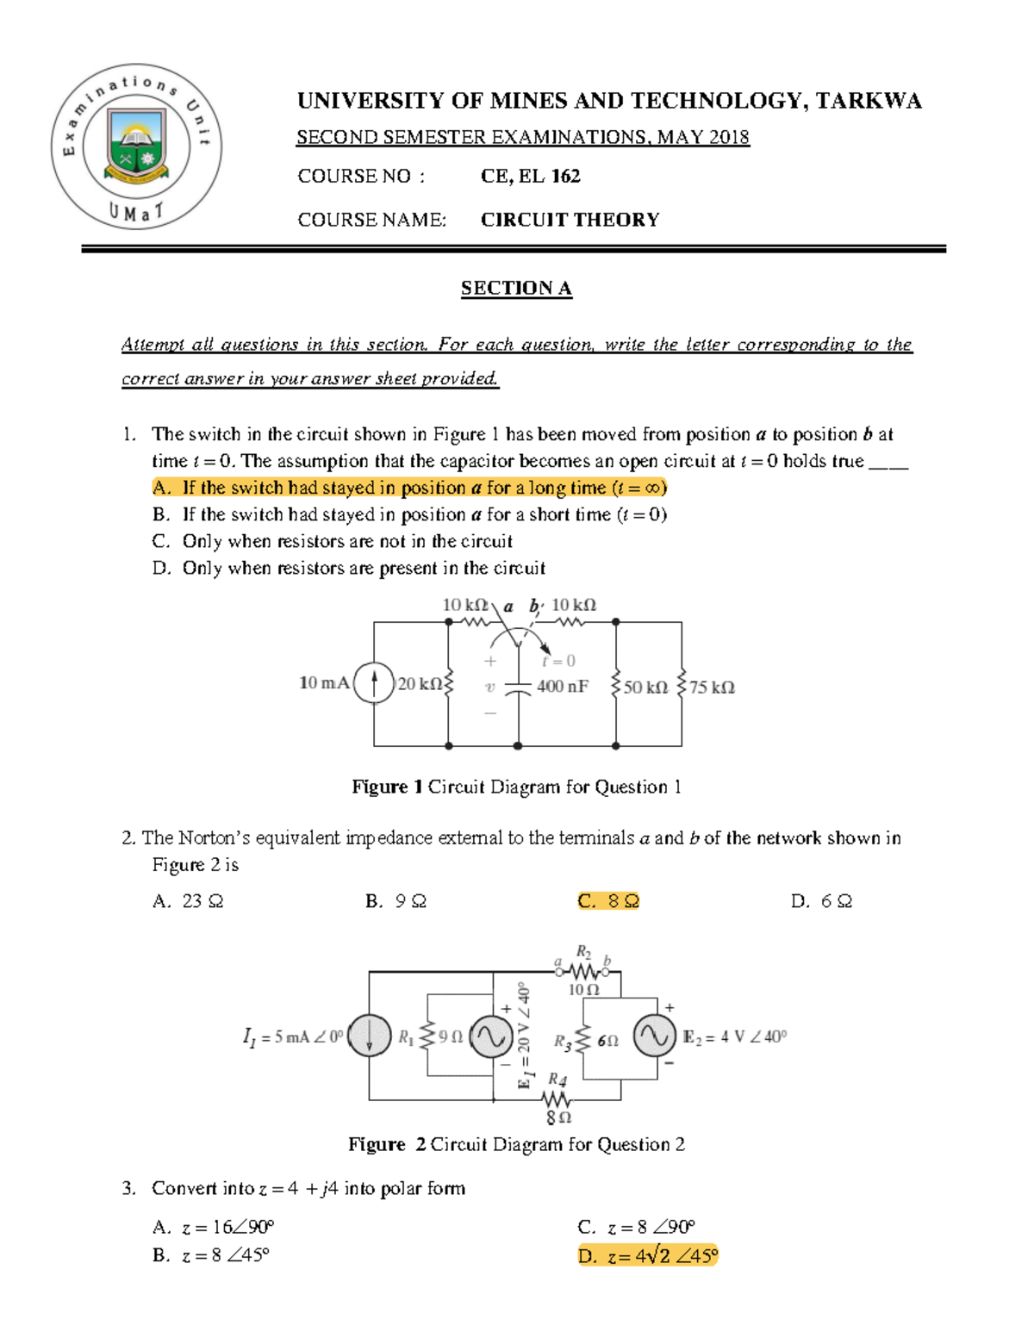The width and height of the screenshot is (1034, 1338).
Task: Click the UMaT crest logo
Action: click(x=136, y=146)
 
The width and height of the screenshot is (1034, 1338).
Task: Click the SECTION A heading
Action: click(x=516, y=288)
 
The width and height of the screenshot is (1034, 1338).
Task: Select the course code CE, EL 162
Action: click(x=530, y=177)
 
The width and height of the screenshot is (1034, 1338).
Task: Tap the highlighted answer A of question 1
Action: click(x=409, y=488)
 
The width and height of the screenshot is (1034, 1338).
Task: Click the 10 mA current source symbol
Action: click(x=374, y=683)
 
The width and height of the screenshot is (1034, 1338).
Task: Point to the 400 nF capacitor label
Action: click(x=563, y=687)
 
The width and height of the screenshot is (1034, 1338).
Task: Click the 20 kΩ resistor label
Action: click(x=420, y=684)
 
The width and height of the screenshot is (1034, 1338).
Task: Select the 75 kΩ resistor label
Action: click(x=712, y=688)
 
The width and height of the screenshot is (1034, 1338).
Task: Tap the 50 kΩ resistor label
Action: click(x=645, y=688)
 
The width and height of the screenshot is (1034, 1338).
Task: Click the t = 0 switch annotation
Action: click(x=558, y=661)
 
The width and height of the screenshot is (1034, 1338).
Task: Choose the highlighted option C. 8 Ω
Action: click(x=608, y=901)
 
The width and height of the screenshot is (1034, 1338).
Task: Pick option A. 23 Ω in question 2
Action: click(x=188, y=901)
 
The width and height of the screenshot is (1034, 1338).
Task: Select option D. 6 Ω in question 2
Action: click(x=821, y=901)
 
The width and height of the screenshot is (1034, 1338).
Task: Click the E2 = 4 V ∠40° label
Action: click(x=734, y=1036)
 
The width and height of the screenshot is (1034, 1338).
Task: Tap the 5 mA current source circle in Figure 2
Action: click(x=369, y=1036)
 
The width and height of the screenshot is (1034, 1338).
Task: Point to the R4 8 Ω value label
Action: click(x=558, y=1117)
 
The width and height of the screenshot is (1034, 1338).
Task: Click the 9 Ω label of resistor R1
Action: click(x=451, y=1037)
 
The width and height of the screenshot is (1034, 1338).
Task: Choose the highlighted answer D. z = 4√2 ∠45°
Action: click(x=647, y=1256)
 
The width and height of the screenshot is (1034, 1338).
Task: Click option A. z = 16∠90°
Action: click(x=213, y=1227)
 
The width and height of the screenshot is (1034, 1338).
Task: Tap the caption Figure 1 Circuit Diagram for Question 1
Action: click(x=516, y=787)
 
